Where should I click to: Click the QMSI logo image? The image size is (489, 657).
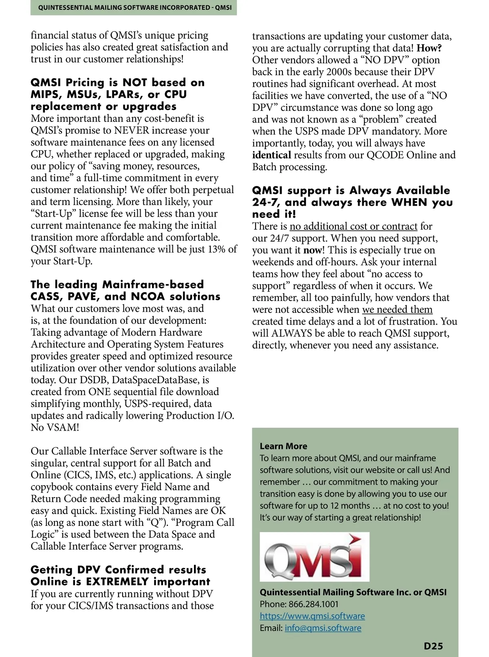click(315, 556)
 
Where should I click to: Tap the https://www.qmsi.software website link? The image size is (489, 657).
click(312, 616)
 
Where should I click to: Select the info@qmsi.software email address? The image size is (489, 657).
click(323, 628)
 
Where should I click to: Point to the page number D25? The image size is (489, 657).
click(433, 646)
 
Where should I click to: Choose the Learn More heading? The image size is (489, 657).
click(283, 446)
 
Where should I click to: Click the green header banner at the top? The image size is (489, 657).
click(134, 8)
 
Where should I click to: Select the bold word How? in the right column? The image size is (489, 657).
click(429, 48)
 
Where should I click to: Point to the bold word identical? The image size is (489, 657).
click(271, 155)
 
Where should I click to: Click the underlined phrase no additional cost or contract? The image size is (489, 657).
click(353, 226)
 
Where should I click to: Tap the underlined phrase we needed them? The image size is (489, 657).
click(397, 309)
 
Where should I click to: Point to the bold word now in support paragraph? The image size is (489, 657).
click(312, 250)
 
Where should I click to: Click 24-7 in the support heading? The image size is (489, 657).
click(266, 202)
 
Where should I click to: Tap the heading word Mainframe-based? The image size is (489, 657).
click(153, 284)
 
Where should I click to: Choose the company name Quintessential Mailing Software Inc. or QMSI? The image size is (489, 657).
click(353, 592)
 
